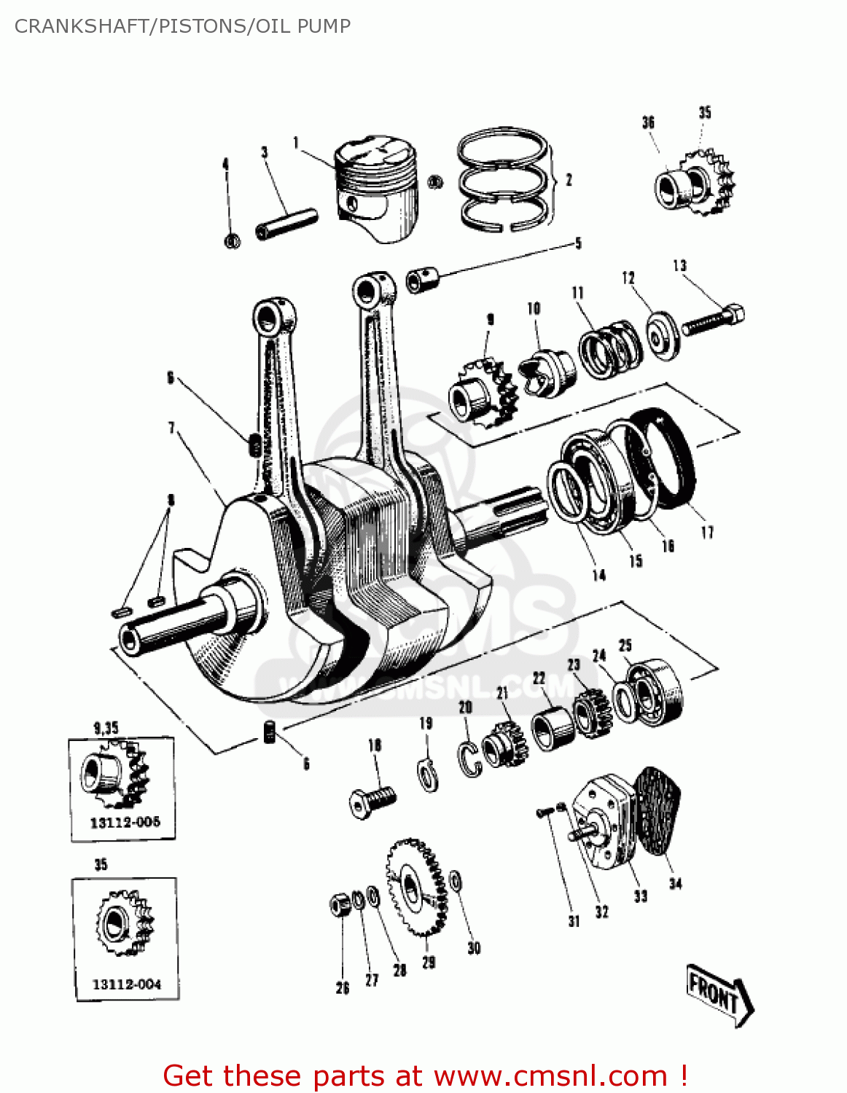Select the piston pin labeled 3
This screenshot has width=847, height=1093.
(x=286, y=224)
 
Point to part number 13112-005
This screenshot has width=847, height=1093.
(x=125, y=822)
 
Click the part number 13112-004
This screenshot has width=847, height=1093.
(x=126, y=984)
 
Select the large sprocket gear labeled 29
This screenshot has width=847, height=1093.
(x=415, y=885)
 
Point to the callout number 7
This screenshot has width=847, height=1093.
(x=172, y=427)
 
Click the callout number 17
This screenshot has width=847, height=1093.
(x=707, y=533)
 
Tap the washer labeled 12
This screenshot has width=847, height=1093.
(x=663, y=335)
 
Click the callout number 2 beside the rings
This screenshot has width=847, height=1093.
(x=569, y=179)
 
